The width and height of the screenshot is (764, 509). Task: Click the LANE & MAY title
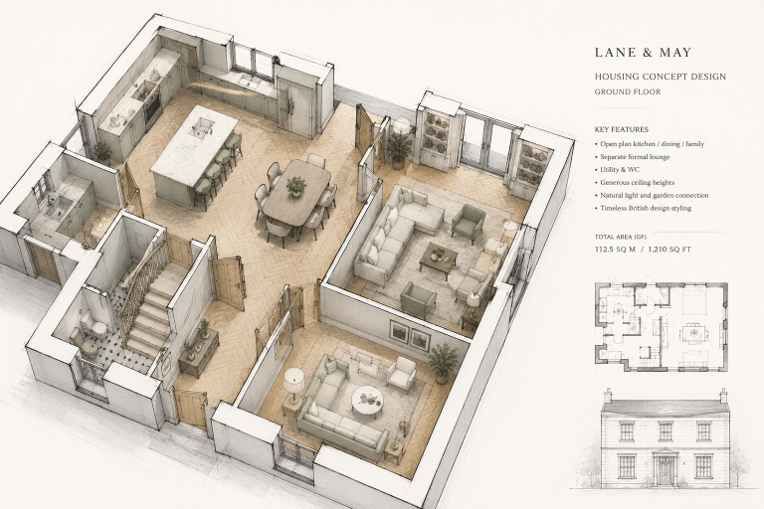tap(643, 53)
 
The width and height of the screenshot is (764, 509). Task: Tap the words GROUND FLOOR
tap(628, 91)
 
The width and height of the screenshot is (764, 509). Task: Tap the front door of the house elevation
tap(665, 469)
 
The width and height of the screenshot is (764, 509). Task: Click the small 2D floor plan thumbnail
tap(662, 327)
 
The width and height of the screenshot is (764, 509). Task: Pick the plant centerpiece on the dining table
tap(295, 186)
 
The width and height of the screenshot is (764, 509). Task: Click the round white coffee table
tap(367, 401)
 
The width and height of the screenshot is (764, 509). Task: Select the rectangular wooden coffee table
tap(439, 259)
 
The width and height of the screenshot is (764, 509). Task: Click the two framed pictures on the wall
tap(409, 336)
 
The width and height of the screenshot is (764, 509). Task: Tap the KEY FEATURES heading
tap(621, 129)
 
